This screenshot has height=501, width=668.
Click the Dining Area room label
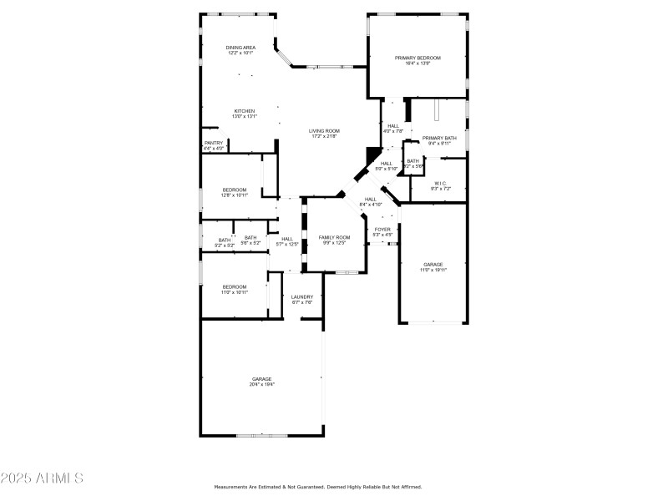click(240, 51)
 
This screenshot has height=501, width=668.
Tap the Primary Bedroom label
click(417, 61)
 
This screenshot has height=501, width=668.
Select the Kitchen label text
click(244, 114)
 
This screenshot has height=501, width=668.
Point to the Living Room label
click(324, 134)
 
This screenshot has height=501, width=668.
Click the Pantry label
click(214, 145)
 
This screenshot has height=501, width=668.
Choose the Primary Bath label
click(438, 140)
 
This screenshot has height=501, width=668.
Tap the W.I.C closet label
click(440, 185)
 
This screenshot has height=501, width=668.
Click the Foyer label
click(382, 231)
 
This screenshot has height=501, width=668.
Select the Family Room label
click(334, 240)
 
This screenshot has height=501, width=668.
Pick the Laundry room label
click(302, 299)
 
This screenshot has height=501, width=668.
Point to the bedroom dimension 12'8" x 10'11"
click(235, 195)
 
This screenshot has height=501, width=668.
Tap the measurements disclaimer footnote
click(318, 487)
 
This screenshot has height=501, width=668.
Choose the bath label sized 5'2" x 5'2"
click(225, 243)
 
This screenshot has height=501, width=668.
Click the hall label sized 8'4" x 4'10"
click(370, 201)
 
